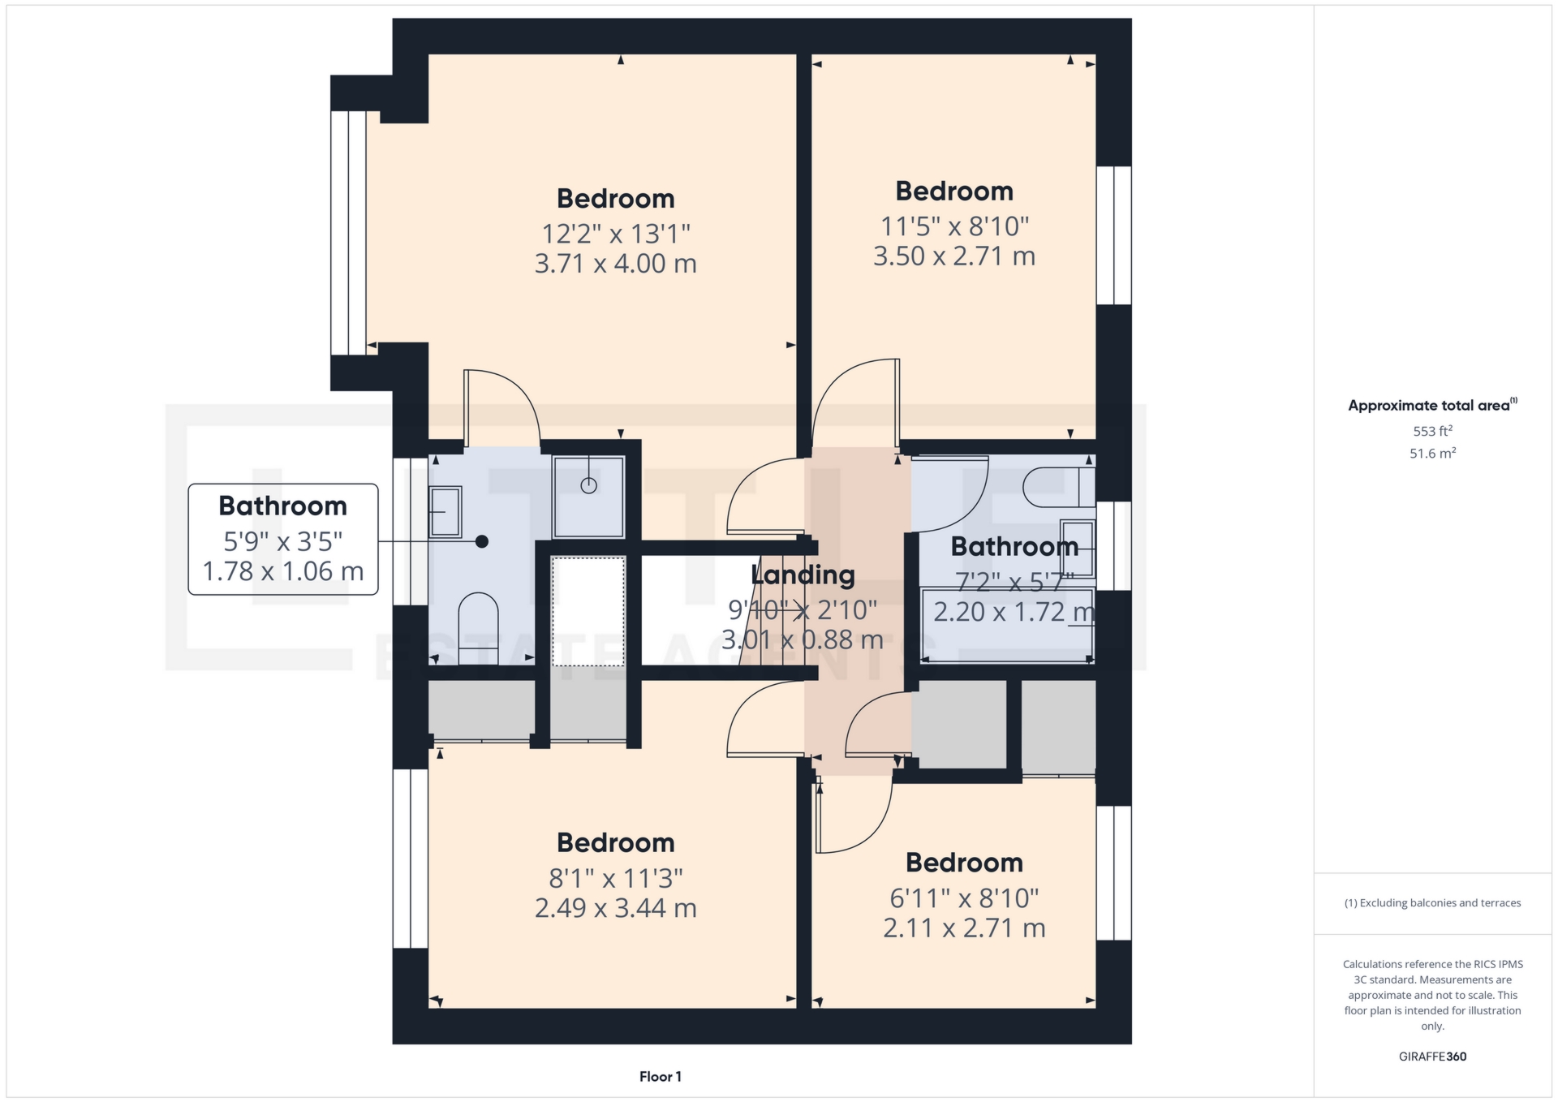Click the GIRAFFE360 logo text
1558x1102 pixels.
point(1432,1056)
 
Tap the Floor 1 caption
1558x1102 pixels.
point(660,1076)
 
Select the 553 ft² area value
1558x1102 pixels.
point(1432,431)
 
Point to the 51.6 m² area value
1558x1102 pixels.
point(1432,453)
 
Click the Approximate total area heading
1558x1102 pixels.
point(1432,405)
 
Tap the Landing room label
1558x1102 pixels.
point(803,575)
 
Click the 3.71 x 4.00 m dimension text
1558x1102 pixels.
point(615,264)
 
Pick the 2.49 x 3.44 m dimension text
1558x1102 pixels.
point(615,908)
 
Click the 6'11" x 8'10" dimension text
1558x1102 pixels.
point(964,898)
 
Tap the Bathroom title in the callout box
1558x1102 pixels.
point(282,506)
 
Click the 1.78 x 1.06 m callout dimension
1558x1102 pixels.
point(282,571)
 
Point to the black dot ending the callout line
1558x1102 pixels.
point(482,541)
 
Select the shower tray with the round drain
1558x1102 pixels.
point(588,497)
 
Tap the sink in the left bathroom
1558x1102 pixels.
point(445,512)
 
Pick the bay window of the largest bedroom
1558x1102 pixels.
point(348,233)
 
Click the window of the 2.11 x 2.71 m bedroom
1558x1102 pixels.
point(1114,873)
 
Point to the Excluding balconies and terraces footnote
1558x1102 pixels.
point(1432,902)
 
